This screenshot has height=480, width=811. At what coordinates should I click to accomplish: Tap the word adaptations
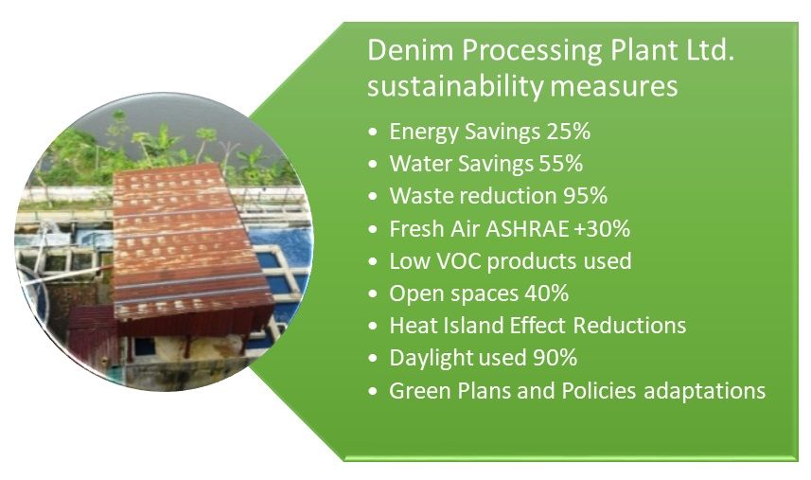pos(705,391)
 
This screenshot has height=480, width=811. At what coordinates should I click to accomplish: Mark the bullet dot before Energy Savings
pos(374,133)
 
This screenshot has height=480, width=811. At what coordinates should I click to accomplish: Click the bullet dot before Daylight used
pos(374,359)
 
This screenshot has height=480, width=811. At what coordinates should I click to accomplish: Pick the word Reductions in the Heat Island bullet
pos(630,326)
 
